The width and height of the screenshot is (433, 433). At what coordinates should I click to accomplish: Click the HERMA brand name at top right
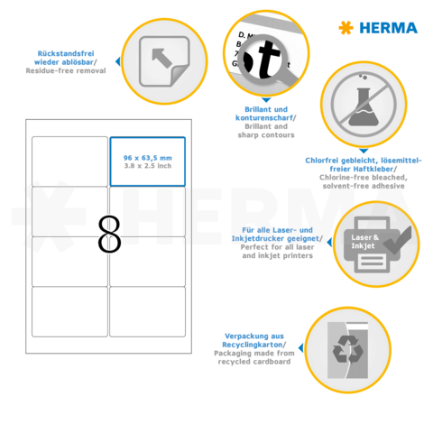click(389, 28)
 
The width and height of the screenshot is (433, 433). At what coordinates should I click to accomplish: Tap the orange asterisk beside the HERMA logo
click(345, 28)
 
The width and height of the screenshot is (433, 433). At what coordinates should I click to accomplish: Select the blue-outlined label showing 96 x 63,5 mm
click(147, 161)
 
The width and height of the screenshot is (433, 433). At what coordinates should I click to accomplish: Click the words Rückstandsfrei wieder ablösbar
click(71, 58)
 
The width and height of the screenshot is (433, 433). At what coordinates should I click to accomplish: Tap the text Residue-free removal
click(72, 69)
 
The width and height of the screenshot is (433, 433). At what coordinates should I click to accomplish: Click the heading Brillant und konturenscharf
click(256, 113)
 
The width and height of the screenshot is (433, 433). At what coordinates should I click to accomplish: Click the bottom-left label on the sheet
click(70, 312)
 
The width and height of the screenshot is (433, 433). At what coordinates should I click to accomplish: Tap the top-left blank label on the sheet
click(70, 161)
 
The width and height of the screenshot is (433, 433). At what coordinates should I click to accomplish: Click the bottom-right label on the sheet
click(147, 312)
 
